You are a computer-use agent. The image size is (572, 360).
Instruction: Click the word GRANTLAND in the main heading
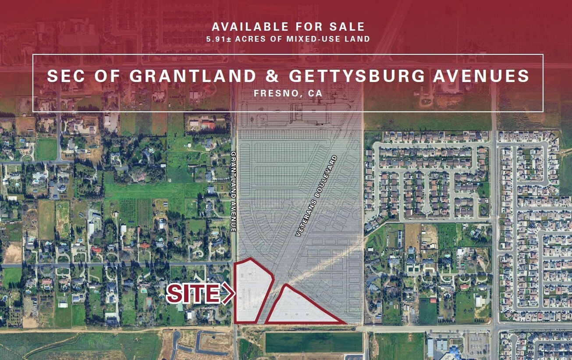(193, 76)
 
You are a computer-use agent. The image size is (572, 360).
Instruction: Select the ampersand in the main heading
(272, 76)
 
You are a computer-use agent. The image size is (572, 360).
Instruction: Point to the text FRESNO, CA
(288, 93)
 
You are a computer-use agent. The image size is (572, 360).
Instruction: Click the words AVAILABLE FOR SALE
(288, 27)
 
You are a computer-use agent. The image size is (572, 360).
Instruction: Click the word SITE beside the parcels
(193, 294)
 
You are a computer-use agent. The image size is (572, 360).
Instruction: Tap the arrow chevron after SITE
(228, 294)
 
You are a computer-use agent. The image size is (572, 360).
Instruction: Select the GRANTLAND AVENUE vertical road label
(234, 192)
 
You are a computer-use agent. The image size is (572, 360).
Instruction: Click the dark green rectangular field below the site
(314, 342)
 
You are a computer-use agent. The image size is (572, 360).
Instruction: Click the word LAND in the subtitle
(359, 39)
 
